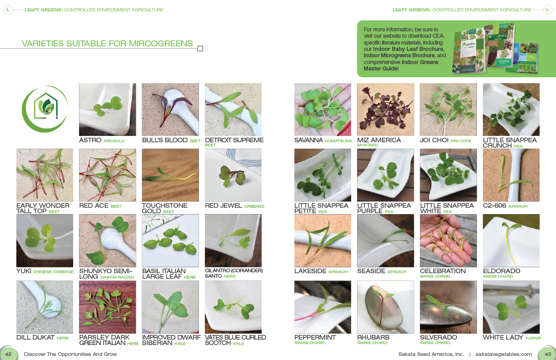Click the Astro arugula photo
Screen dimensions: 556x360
click(x=108, y=109)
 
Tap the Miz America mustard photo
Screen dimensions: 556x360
click(x=386, y=109)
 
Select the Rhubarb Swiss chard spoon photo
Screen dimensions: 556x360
click(x=386, y=307)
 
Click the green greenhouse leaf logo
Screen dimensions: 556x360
click(x=45, y=109)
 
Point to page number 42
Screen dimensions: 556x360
click(x=8, y=354)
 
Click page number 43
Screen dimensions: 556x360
click(x=547, y=354)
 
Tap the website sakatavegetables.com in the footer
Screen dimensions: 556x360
click(x=504, y=354)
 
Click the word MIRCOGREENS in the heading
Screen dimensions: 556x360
click(x=161, y=44)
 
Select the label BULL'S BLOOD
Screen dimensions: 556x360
click(x=165, y=140)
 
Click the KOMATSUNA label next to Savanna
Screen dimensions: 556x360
click(x=338, y=141)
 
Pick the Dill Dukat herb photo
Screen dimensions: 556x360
click(x=45, y=307)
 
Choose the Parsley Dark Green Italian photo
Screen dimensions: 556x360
click(x=108, y=307)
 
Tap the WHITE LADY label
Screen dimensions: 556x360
click(x=503, y=337)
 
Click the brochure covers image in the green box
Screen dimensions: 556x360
click(x=495, y=49)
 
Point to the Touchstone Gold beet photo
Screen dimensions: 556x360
click(x=170, y=175)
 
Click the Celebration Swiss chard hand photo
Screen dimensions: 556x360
click(x=448, y=240)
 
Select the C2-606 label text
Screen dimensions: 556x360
click(x=494, y=206)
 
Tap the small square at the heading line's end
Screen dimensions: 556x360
click(x=200, y=49)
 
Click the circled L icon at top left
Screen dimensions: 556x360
click(x=8, y=10)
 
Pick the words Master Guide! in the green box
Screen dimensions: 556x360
click(x=381, y=68)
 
